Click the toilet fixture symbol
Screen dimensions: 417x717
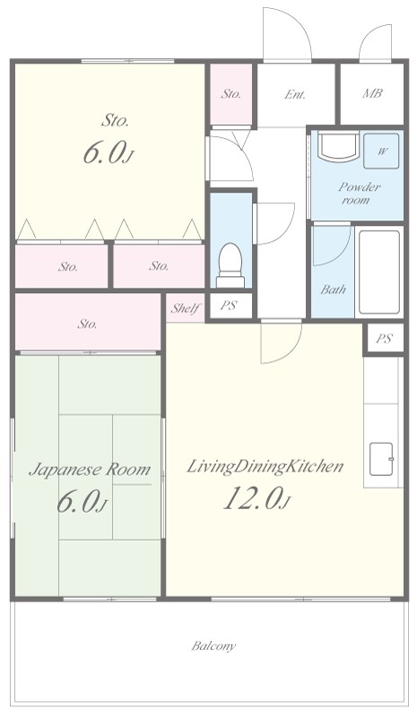click(x=230, y=265)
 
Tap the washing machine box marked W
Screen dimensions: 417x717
click(x=381, y=151)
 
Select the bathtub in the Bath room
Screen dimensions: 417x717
click(x=378, y=272)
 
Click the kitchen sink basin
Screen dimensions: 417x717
click(x=381, y=459)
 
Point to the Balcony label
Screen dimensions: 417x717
click(x=213, y=646)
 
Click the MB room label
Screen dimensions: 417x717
click(x=372, y=93)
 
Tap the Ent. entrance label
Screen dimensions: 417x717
click(x=295, y=94)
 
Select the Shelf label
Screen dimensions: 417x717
click(x=186, y=308)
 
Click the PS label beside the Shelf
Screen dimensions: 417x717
click(x=229, y=306)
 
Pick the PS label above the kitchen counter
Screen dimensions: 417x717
click(x=384, y=339)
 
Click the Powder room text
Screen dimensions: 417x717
click(x=359, y=193)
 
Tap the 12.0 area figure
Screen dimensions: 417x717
click(x=256, y=498)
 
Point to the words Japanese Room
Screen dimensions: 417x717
click(x=90, y=470)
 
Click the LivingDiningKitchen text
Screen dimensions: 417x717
click(x=265, y=467)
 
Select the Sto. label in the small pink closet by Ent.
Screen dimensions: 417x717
click(x=231, y=94)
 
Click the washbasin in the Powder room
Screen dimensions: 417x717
click(x=338, y=146)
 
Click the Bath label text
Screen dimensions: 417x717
click(x=334, y=289)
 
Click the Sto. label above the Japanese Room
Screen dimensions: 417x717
click(x=87, y=324)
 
